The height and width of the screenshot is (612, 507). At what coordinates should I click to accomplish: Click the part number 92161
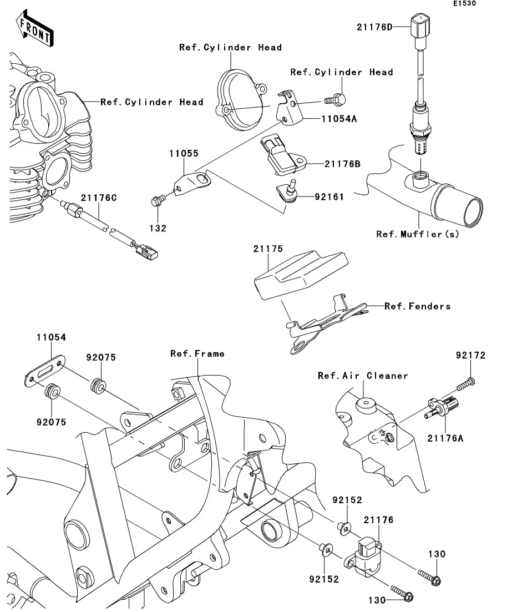pyautogui.click(x=329, y=196)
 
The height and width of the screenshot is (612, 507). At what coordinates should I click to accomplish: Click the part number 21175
pyautogui.click(x=268, y=250)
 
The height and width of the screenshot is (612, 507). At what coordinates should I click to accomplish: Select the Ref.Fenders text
pyautogui.click(x=417, y=306)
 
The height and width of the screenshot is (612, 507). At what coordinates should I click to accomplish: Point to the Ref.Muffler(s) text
pyautogui.click(x=418, y=234)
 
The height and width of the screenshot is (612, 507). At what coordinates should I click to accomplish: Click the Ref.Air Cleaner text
pyautogui.click(x=363, y=376)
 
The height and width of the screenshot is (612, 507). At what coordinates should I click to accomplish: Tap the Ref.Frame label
pyautogui.click(x=197, y=353)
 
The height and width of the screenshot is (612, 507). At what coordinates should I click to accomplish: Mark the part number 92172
pyautogui.click(x=471, y=356)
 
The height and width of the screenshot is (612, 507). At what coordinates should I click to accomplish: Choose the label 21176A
pyautogui.click(x=445, y=438)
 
